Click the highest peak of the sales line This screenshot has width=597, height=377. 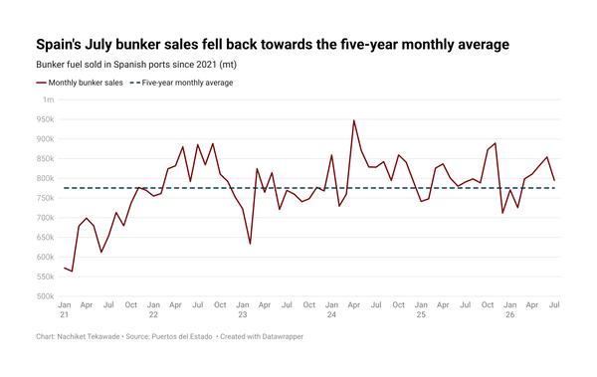pyautogui.click(x=353, y=120)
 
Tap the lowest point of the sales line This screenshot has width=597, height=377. pyautogui.click(x=72, y=272)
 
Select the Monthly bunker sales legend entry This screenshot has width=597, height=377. pyautogui.click(x=80, y=83)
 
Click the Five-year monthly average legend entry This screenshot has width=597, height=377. pyautogui.click(x=182, y=83)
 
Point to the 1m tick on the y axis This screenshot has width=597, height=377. pyautogui.click(x=49, y=99)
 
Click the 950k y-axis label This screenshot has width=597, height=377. pyautogui.click(x=46, y=119)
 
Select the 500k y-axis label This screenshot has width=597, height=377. pyautogui.click(x=46, y=296)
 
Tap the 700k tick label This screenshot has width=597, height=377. pyautogui.click(x=46, y=218)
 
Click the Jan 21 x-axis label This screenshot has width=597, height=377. pyautogui.click(x=65, y=309)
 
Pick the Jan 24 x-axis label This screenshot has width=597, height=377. pyautogui.click(x=331, y=309)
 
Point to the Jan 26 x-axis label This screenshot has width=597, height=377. pyautogui.click(x=509, y=309)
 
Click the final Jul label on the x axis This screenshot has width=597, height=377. pyautogui.click(x=555, y=305)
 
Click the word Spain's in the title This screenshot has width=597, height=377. pyautogui.click(x=59, y=45)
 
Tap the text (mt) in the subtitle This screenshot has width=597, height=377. pyautogui.click(x=228, y=65)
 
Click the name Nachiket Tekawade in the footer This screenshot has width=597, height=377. pyautogui.click(x=89, y=336)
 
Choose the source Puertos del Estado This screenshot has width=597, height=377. pyautogui.click(x=182, y=336)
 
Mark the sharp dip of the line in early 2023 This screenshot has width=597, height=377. pyautogui.click(x=250, y=244)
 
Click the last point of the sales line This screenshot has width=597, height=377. pyautogui.click(x=554, y=180)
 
